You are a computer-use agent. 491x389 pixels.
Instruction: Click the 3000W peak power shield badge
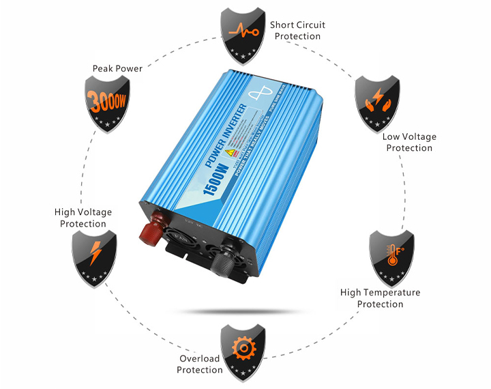pyautogui.click(x=107, y=102)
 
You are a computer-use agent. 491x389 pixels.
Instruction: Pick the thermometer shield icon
pyautogui.click(x=391, y=257)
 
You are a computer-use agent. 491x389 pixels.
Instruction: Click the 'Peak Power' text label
pyautogui.click(x=117, y=69)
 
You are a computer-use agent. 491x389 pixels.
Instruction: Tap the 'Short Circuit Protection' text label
pyautogui.click(x=297, y=30)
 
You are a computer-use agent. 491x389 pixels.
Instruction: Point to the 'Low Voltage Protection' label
pyautogui.click(x=409, y=142)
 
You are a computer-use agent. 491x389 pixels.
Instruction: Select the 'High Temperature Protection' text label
pyautogui.click(x=380, y=298)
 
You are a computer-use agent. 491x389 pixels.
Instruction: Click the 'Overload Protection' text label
pyautogui.click(x=200, y=364)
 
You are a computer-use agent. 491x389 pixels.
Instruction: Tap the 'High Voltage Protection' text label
pyautogui.click(x=83, y=218)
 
